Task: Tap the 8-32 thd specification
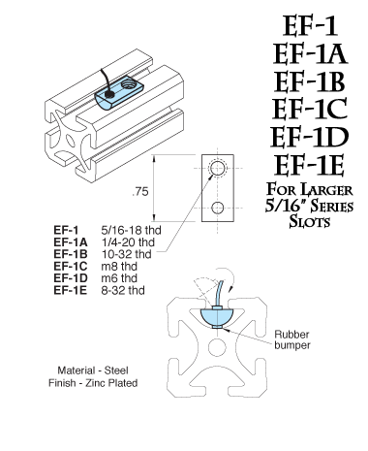tap(119, 289)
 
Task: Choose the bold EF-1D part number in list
tap(73, 278)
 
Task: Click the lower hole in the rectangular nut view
tap(218, 206)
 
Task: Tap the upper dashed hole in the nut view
tap(218, 169)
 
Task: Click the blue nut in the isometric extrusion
tap(119, 94)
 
